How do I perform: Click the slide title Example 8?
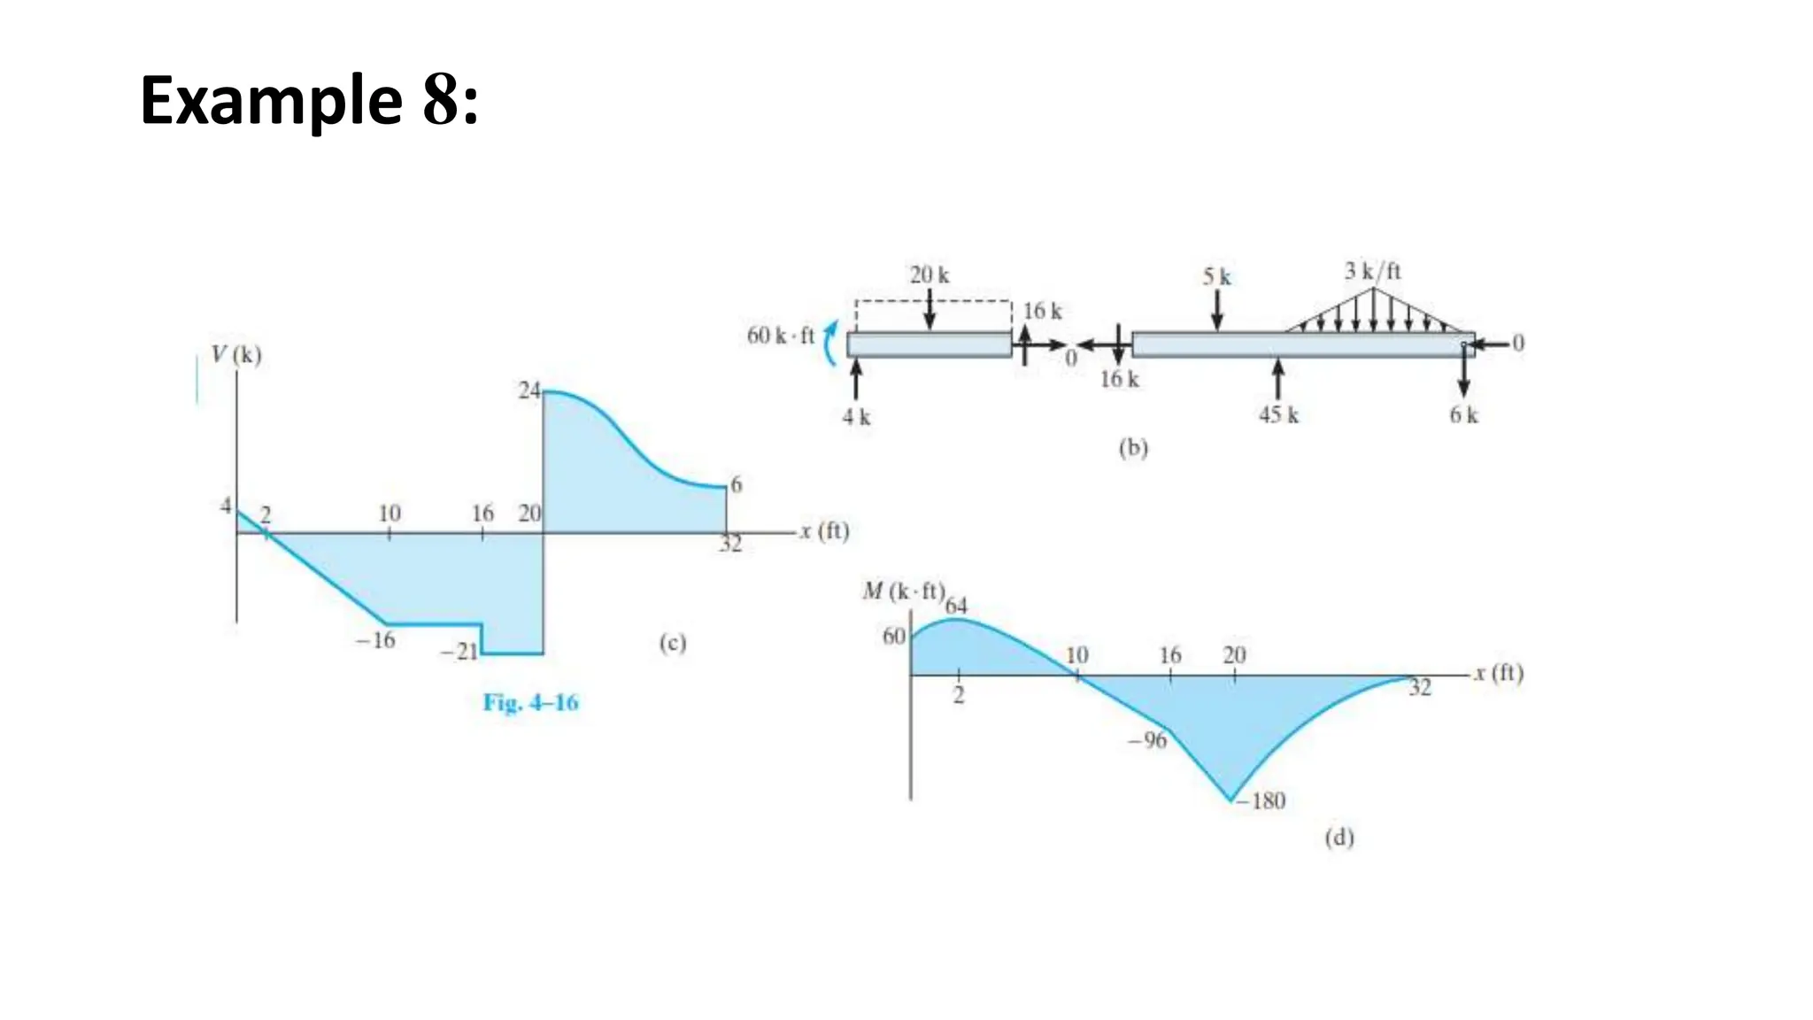pos(309,101)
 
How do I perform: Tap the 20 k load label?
pos(929,275)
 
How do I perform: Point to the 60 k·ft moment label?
pos(780,336)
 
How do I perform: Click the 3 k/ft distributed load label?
pos(1372,271)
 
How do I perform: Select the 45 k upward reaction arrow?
pos(1277,379)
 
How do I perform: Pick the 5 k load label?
pos(1216,277)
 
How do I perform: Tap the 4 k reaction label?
pos(856,417)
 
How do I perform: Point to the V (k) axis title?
pos(236,355)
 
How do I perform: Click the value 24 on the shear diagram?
pos(528,390)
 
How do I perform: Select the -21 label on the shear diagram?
pos(459,653)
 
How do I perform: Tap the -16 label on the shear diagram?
pos(375,640)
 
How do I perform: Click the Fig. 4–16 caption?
pos(530,703)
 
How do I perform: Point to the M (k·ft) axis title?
pos(903,591)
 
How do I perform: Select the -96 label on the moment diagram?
pos(1147,740)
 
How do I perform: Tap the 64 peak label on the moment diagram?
pos(956,607)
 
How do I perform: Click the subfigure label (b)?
pos(1132,448)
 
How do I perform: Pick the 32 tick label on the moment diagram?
pos(1419,688)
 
